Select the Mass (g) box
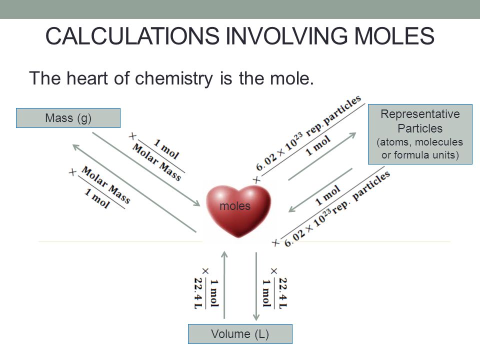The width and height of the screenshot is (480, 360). tap(68, 118)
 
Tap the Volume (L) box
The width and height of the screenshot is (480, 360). tap(239, 334)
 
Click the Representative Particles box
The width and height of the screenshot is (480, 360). tap(420, 134)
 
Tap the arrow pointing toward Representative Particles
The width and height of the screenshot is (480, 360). tap(322, 155)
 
